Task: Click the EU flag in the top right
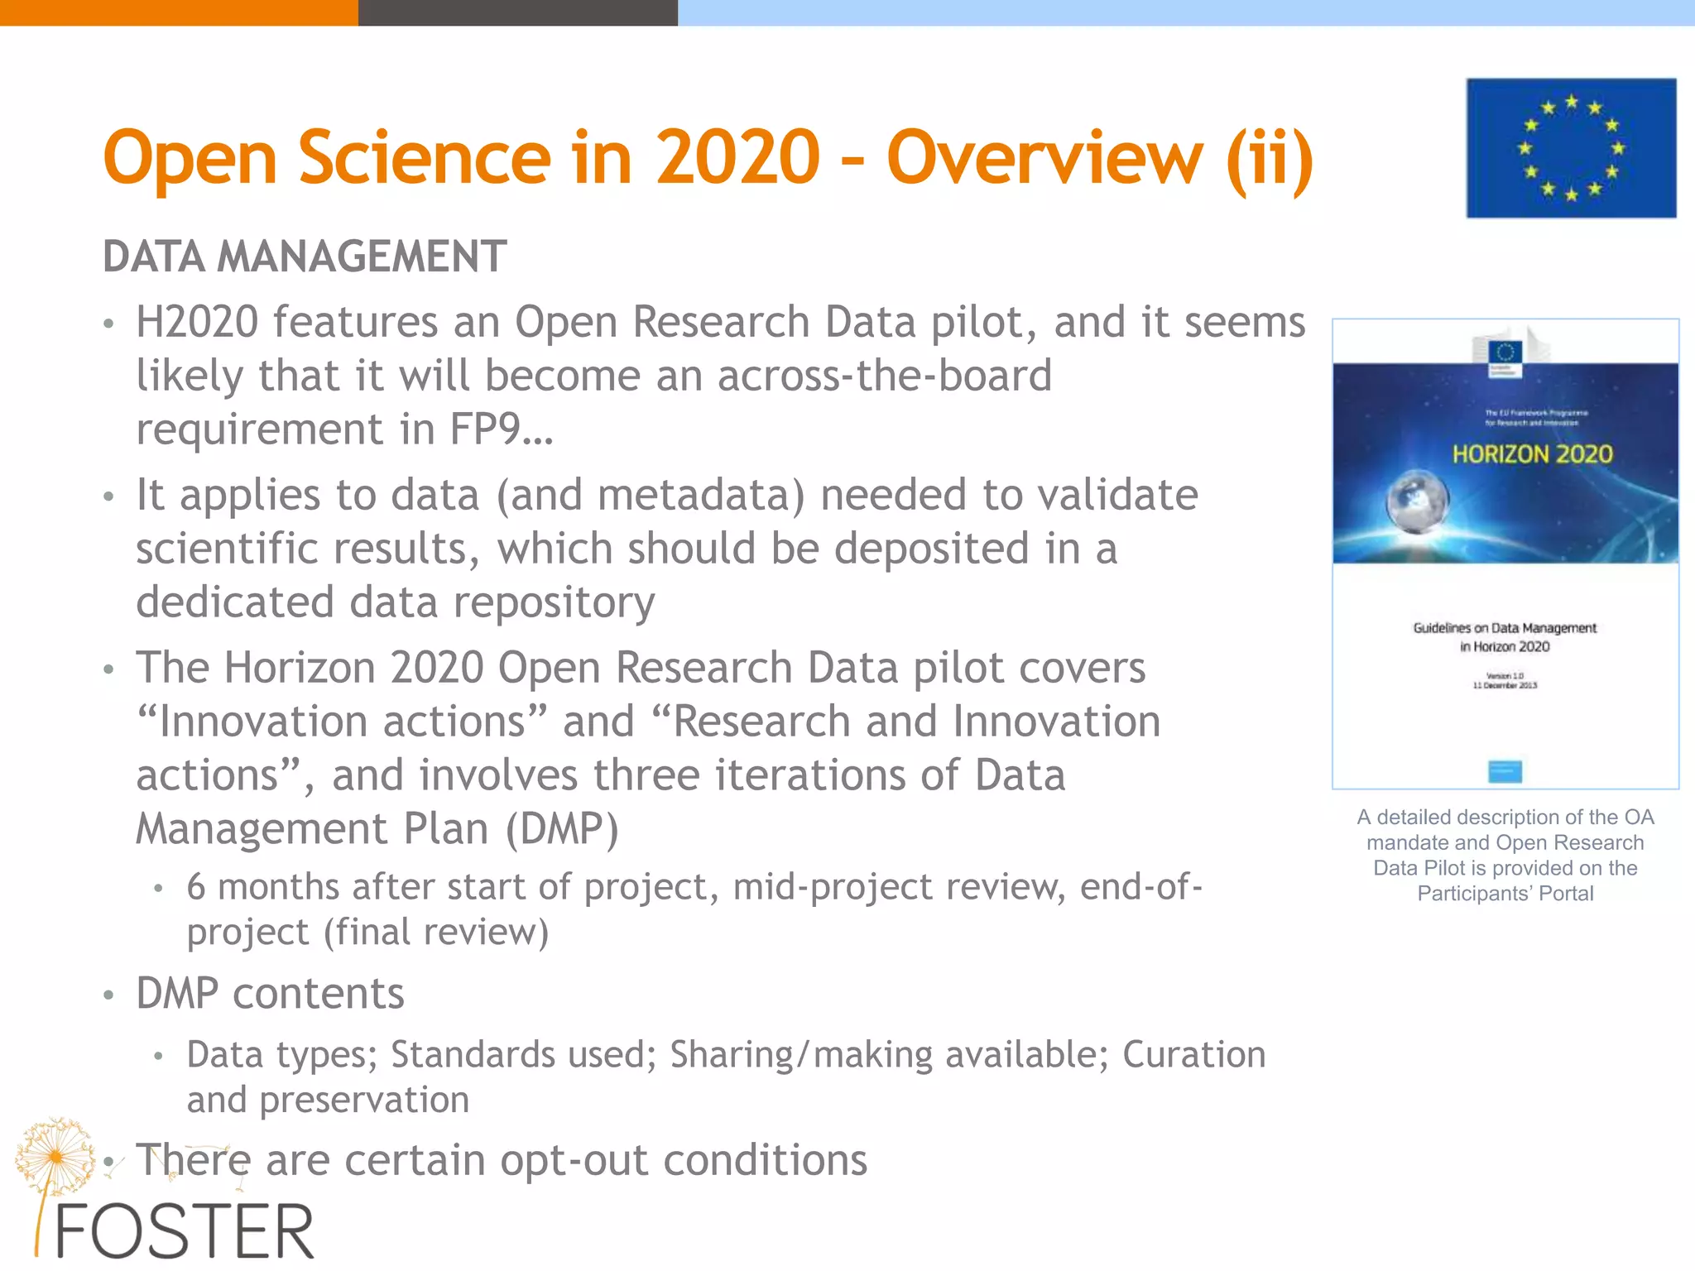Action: tap(1571, 148)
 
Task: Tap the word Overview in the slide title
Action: tap(1044, 158)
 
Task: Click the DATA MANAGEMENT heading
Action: tap(305, 257)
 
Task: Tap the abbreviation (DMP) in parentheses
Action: tap(562, 829)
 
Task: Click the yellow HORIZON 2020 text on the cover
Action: tap(1532, 454)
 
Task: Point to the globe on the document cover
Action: tap(1417, 501)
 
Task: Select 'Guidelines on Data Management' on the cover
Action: tap(1505, 628)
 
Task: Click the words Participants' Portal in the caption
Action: tap(1505, 894)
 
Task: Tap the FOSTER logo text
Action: tap(184, 1233)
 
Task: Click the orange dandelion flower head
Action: tap(55, 1156)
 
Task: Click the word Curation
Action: tap(1193, 1055)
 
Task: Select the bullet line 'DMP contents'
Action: tap(270, 994)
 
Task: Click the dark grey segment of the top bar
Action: tap(517, 12)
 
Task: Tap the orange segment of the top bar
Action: tap(179, 12)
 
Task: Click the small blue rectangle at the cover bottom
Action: tap(1505, 771)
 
